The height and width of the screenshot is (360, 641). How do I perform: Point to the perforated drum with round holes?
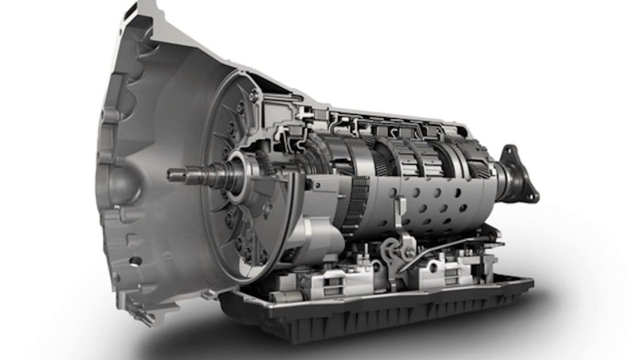pos(413,198)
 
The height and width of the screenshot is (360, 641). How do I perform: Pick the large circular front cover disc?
pos(238,159)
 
